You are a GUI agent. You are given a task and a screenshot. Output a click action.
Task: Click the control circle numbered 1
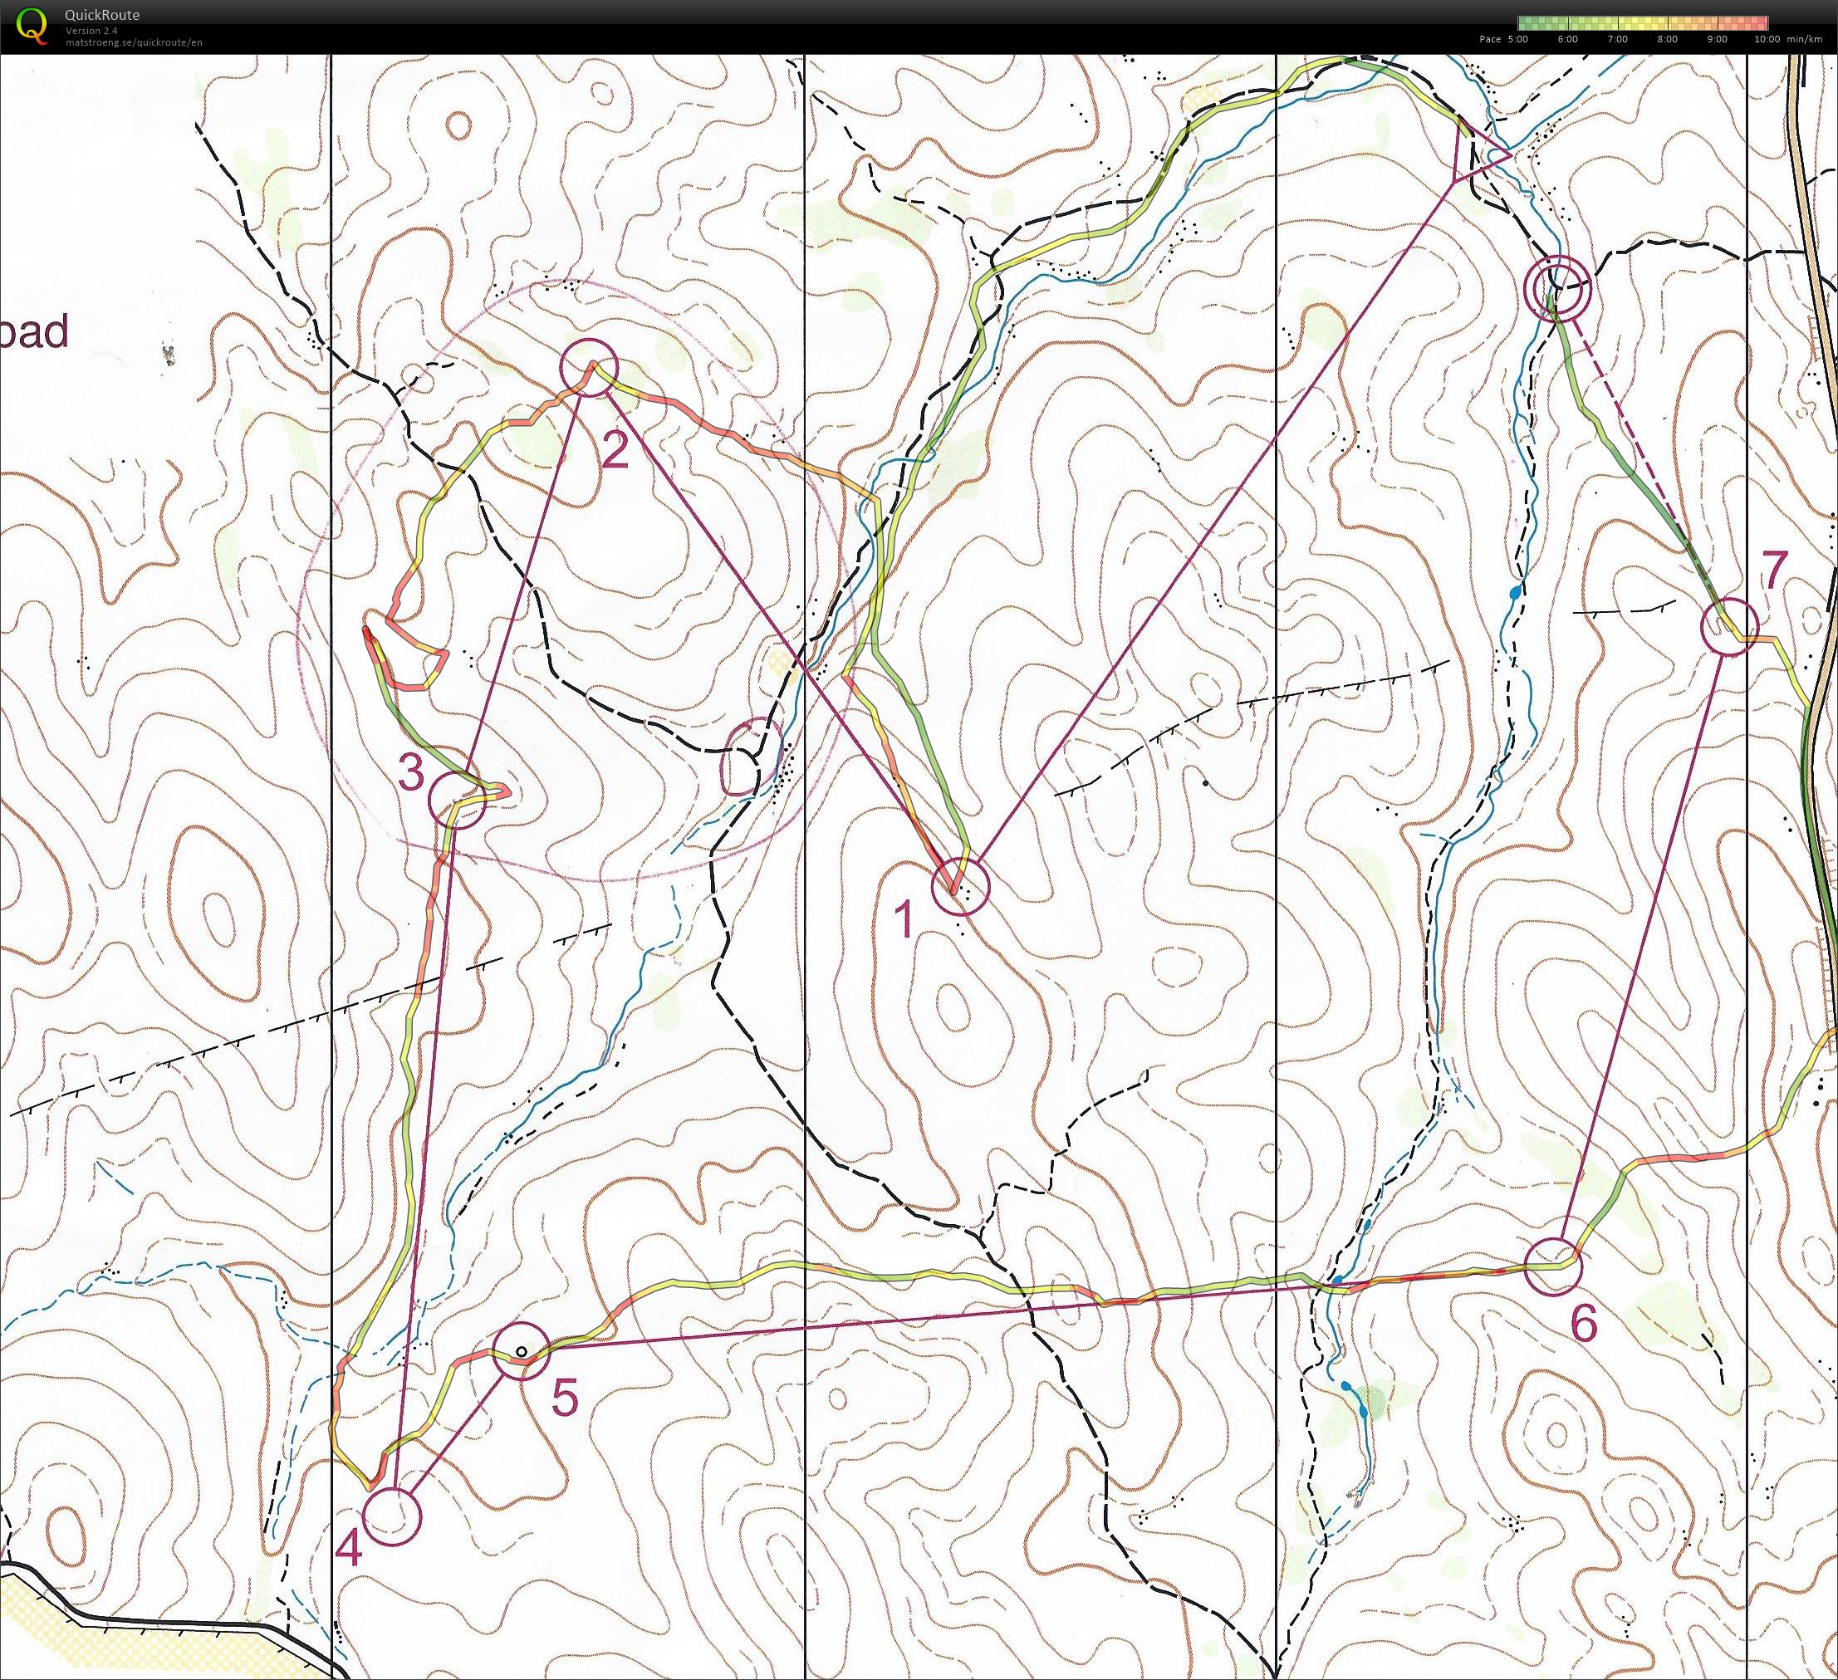click(960, 885)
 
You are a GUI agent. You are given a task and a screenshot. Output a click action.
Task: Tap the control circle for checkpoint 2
click(590, 368)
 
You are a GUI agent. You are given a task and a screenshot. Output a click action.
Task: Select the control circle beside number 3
click(455, 800)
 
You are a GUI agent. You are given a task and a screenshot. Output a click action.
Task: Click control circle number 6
click(1552, 1267)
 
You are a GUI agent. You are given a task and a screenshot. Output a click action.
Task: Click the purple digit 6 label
click(1585, 1324)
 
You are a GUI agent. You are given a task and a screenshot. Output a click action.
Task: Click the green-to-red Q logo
click(33, 25)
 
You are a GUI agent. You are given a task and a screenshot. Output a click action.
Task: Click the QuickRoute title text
click(102, 15)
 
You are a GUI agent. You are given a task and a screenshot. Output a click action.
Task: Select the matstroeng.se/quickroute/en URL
click(133, 42)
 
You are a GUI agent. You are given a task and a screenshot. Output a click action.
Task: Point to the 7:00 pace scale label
click(1617, 39)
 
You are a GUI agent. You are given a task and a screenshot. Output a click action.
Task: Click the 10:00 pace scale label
click(1765, 39)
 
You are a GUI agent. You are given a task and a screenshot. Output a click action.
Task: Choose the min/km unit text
click(1807, 39)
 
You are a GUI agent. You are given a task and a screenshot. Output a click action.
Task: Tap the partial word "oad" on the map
click(34, 332)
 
